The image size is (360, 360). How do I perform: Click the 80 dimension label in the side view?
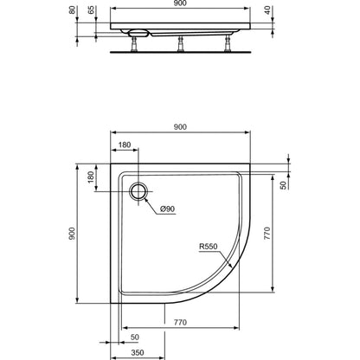point(73,10)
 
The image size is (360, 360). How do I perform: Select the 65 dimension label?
point(91,10)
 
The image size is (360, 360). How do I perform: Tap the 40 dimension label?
point(267,10)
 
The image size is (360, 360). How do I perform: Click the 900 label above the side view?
point(180,3)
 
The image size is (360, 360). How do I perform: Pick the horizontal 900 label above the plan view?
point(180,126)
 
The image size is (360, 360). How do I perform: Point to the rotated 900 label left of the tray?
point(72,234)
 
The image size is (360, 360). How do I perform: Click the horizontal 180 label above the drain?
point(125,145)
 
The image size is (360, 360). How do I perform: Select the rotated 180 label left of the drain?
point(91,177)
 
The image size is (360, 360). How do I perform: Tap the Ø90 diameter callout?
point(168,209)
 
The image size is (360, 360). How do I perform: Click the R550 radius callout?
point(209,247)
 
